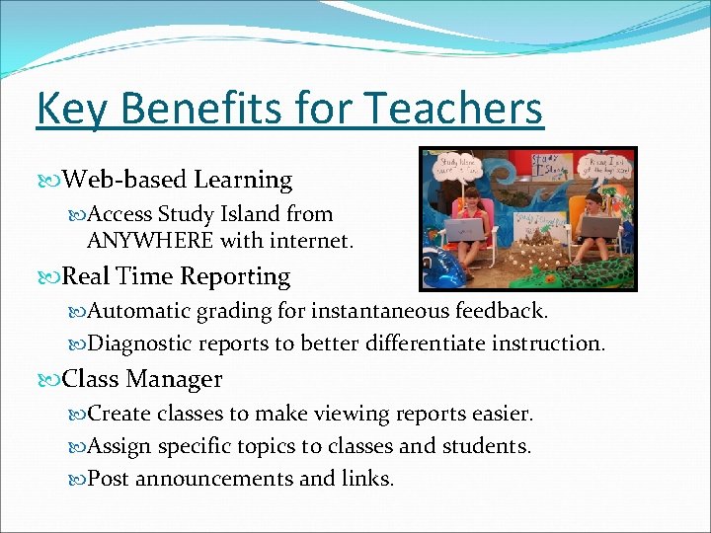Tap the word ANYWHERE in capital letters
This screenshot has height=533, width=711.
(149, 240)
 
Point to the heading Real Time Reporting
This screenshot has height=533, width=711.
(177, 276)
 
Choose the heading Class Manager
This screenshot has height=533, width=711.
(142, 379)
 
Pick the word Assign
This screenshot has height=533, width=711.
(118, 446)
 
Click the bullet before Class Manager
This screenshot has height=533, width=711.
(53, 380)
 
